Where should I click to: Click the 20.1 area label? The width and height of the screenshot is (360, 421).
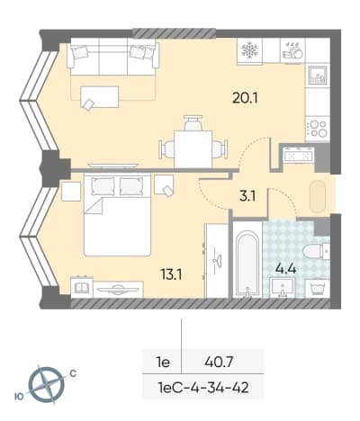pos(245,97)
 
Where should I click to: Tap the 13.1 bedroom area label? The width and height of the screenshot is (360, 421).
pos(172,274)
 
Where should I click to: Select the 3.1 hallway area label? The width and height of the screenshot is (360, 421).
pos(247,197)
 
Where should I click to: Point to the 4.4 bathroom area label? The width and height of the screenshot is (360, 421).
pos(286,269)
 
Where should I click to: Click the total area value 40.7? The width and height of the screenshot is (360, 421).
pos(219,363)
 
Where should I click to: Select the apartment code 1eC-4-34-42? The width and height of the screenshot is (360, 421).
pos(203,389)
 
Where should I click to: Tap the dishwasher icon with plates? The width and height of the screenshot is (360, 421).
pos(292,50)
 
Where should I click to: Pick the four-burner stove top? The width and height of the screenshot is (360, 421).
pos(318,129)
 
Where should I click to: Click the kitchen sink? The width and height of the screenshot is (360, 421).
pos(318,75)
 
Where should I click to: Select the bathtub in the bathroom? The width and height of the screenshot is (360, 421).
pos(247,264)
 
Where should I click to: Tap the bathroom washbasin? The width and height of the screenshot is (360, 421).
pos(282,287)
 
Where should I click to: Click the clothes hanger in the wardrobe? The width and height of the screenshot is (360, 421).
pos(217,258)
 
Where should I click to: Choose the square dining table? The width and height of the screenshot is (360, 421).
pos(193,149)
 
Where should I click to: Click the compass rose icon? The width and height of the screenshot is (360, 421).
pos(47,383)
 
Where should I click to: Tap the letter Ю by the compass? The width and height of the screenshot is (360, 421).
pos(19,397)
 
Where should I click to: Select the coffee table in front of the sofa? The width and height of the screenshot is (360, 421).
pos(99,97)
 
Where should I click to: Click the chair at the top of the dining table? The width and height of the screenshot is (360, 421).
pos(193,122)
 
